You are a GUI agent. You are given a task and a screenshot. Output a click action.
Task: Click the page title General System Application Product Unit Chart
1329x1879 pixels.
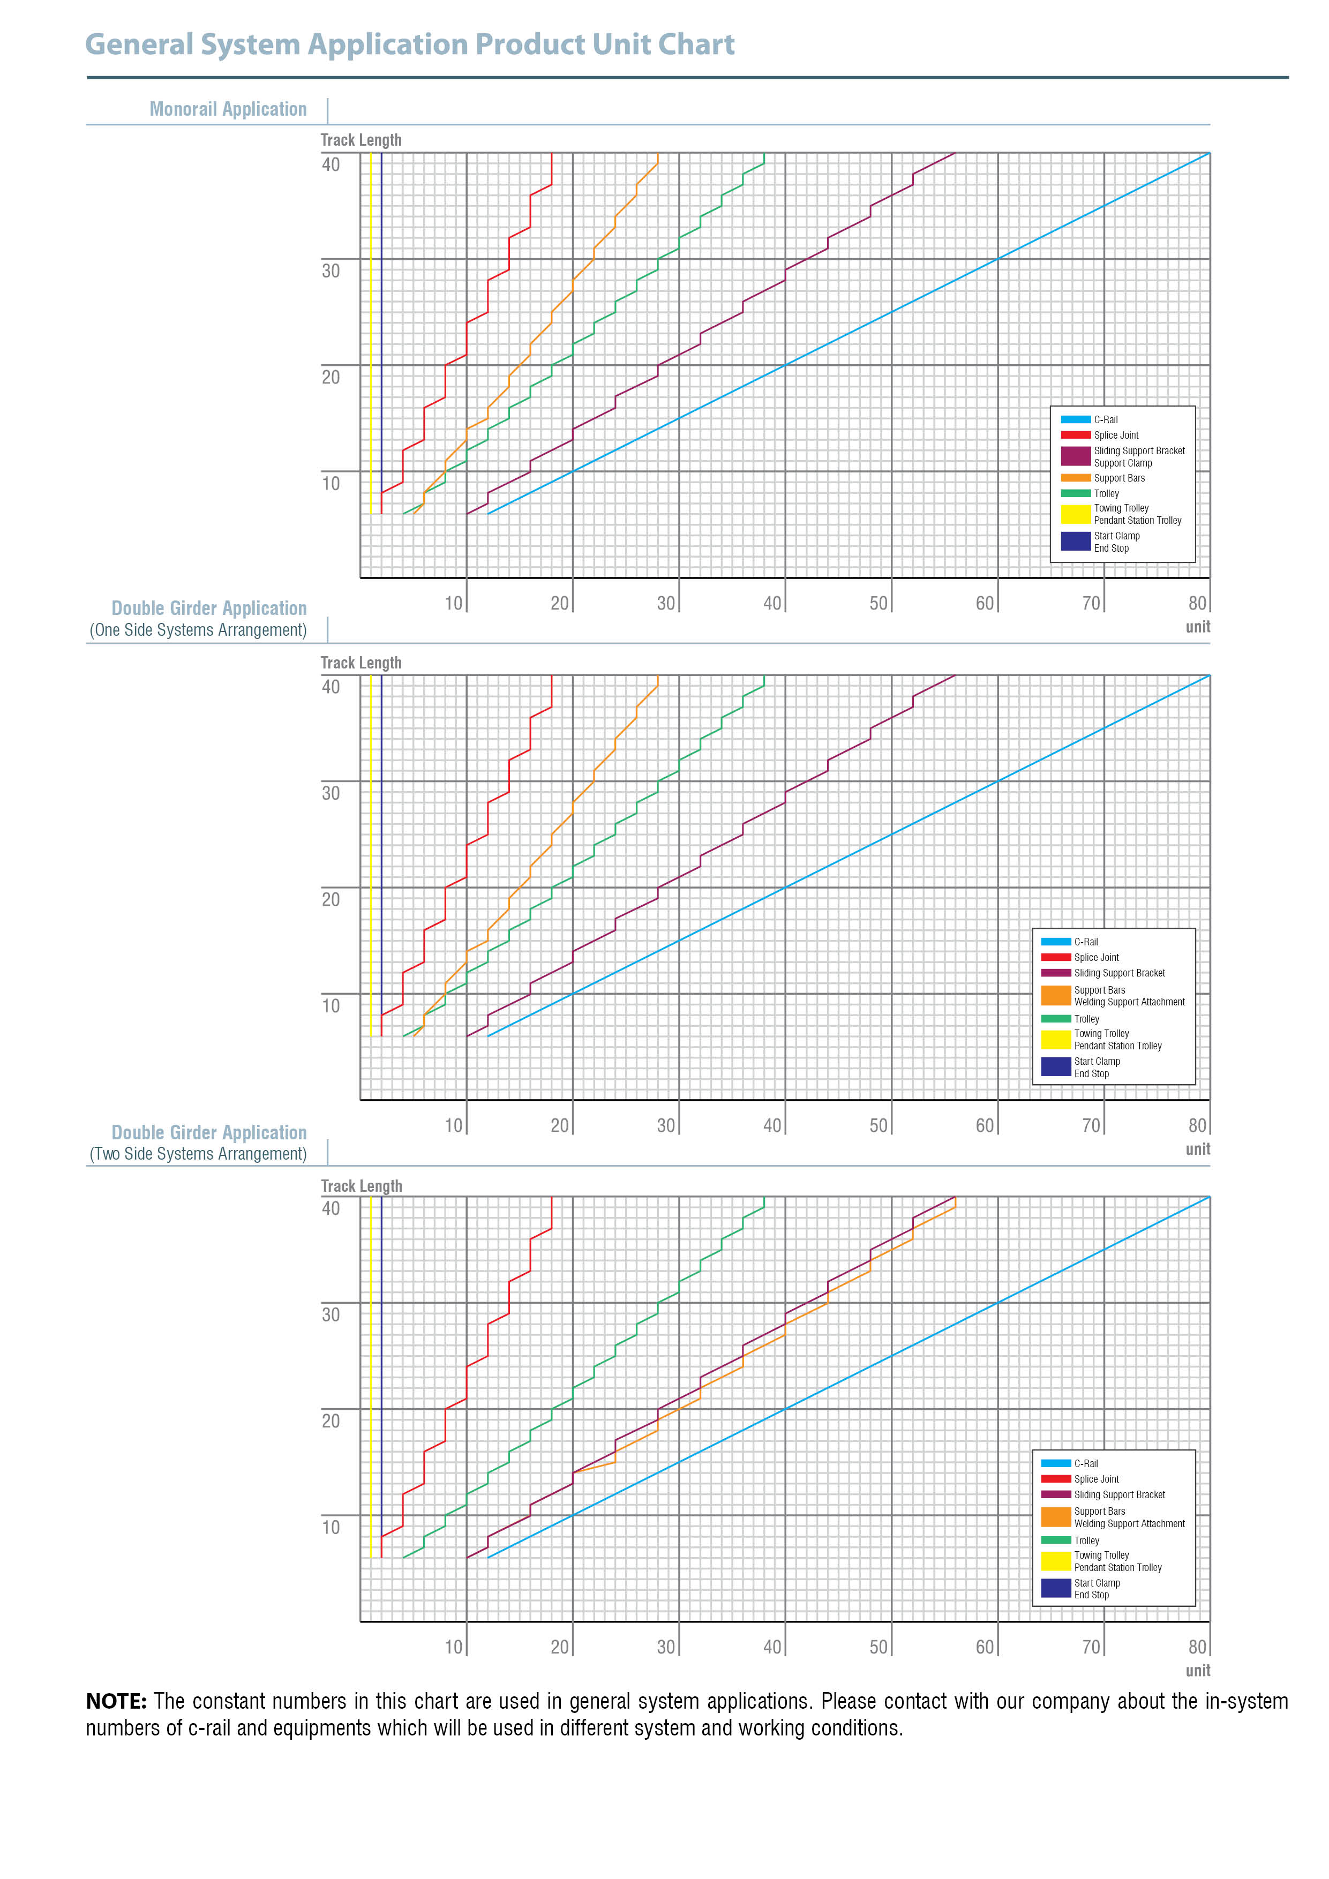coord(409,44)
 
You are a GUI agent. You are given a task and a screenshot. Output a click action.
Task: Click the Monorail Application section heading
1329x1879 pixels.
coord(228,109)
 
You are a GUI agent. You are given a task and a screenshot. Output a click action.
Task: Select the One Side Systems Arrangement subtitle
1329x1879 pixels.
coord(198,629)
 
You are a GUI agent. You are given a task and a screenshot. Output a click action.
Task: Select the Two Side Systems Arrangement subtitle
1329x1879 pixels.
coord(198,1153)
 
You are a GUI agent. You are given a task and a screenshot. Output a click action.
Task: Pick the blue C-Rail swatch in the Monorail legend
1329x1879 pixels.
coord(1075,419)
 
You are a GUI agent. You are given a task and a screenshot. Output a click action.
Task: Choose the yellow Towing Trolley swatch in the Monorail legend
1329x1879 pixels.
coord(1075,514)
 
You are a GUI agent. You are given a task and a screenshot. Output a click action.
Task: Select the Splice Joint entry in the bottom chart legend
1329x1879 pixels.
coord(1096,1479)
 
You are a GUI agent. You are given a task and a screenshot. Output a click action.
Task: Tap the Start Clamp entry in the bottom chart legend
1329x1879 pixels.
coord(1097,1583)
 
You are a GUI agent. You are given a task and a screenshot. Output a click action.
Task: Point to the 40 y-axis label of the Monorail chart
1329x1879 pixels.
coord(331,164)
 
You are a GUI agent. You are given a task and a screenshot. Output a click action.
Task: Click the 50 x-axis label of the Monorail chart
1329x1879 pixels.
coord(878,603)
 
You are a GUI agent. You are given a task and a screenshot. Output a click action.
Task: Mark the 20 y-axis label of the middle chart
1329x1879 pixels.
coord(331,899)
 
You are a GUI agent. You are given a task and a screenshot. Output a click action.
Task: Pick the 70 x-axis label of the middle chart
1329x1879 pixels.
coord(1091,1125)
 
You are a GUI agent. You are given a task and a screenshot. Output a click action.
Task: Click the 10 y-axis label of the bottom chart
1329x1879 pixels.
coord(331,1527)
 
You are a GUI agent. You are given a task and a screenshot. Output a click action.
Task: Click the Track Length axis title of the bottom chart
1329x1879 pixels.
coord(361,1186)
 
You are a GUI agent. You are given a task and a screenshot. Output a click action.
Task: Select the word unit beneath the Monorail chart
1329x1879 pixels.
coord(1197,627)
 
